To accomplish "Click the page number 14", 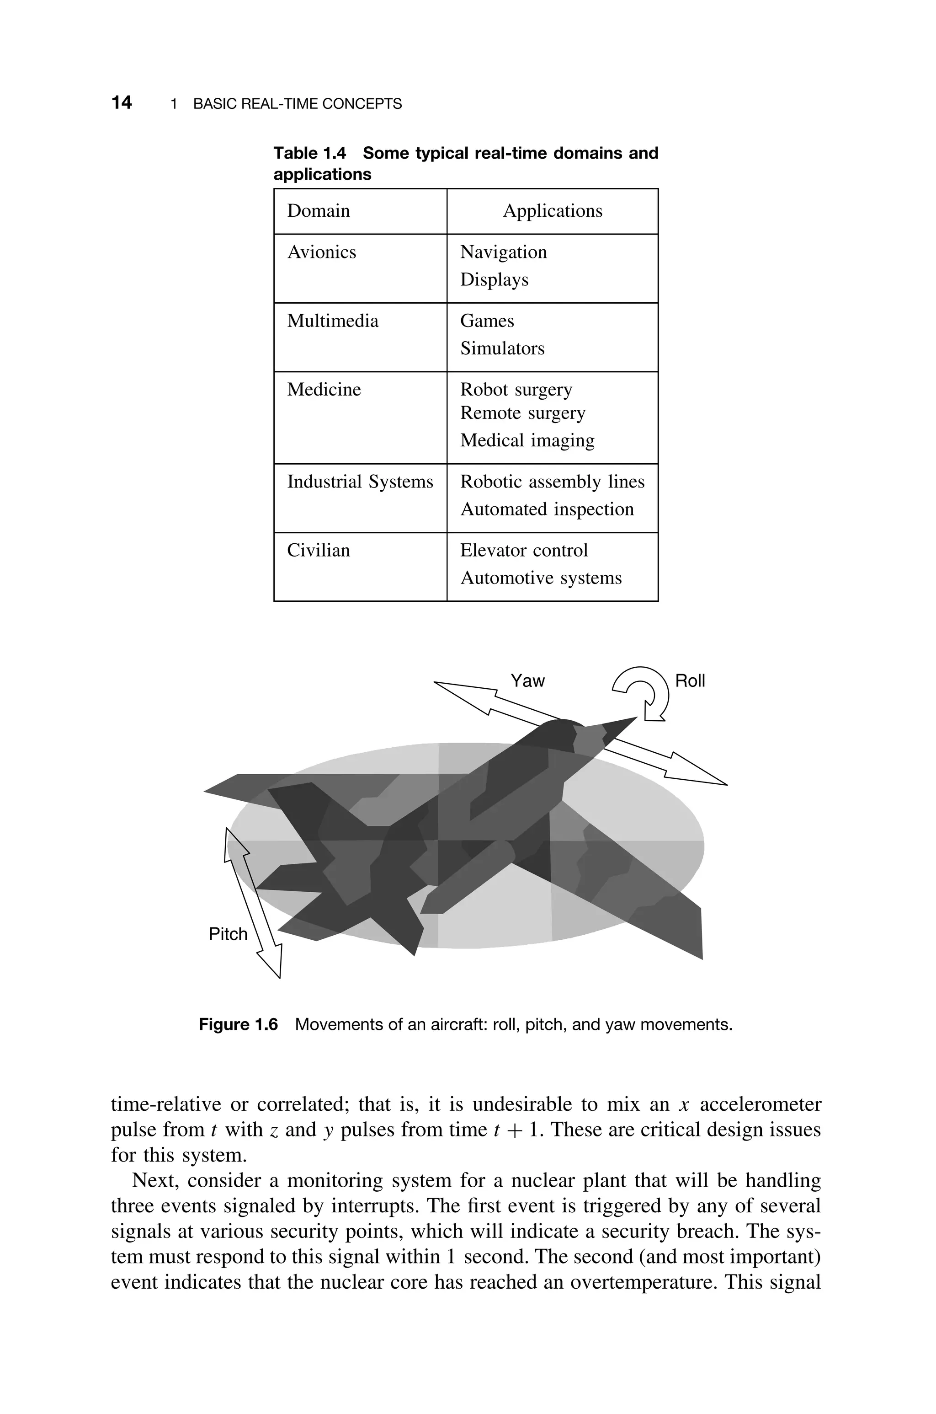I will click(121, 103).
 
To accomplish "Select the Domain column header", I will click(318, 211).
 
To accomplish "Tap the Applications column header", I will click(552, 211).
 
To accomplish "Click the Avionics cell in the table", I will click(321, 252).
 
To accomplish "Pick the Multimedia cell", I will click(333, 321).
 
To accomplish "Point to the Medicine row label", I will click(324, 389).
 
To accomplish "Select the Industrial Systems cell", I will click(360, 481).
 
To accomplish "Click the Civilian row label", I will click(318, 550).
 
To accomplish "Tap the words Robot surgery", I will click(516, 389).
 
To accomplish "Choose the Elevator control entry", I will click(523, 550).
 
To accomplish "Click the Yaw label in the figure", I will click(527, 681).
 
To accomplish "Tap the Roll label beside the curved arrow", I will click(690, 681).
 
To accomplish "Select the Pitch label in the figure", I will click(228, 934).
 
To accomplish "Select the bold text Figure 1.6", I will click(238, 1025).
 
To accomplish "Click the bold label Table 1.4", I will click(309, 154).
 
